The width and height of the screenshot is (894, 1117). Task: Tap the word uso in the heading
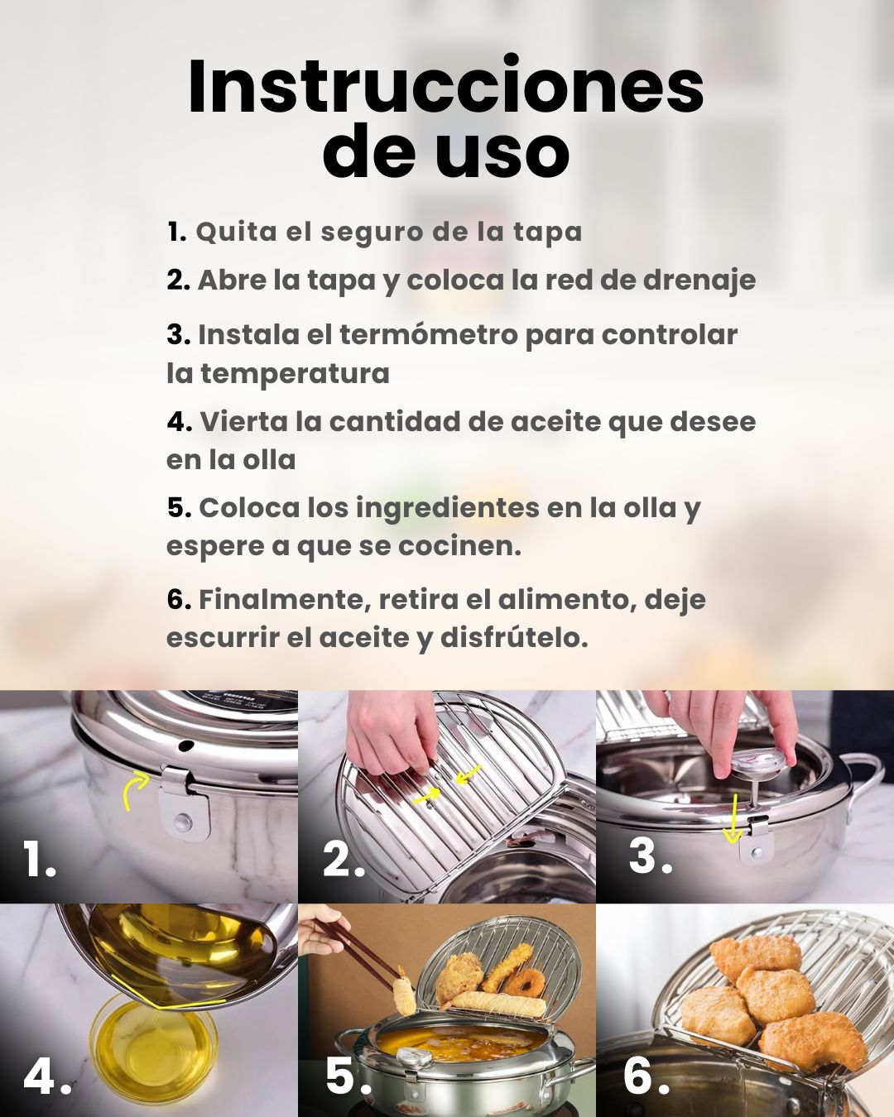point(502,151)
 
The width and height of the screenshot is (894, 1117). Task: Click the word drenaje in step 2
point(699,280)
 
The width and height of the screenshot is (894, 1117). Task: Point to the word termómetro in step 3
point(429,334)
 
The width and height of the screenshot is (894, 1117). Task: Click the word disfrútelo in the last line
point(514,638)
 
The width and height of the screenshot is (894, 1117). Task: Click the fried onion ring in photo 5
point(525,981)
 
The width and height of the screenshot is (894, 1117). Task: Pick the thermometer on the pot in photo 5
point(411,1062)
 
